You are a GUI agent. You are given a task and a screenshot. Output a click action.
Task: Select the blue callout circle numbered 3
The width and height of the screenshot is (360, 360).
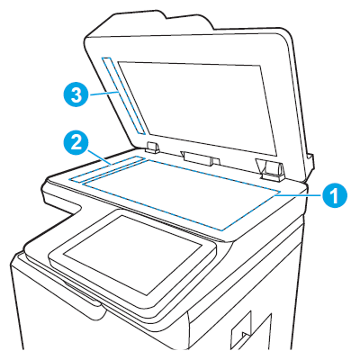pyautogui.click(x=76, y=94)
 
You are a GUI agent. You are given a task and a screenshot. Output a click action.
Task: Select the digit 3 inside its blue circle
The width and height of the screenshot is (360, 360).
pyautogui.click(x=76, y=94)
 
